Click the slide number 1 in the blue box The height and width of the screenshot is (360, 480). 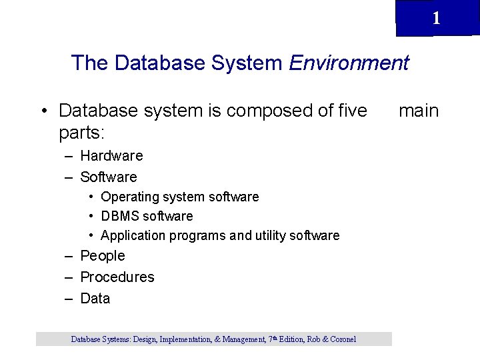[x=436, y=18]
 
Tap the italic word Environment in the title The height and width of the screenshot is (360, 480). [x=349, y=63]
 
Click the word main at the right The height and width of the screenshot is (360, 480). [x=419, y=110]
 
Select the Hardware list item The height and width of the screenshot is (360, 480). [x=111, y=155]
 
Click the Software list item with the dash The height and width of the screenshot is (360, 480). [x=108, y=177]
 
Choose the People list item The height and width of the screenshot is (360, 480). [x=102, y=255]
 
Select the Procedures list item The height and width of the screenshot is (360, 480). [x=117, y=277]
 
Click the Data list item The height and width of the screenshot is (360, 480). [x=95, y=298]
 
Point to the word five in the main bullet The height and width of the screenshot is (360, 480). [x=348, y=110]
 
